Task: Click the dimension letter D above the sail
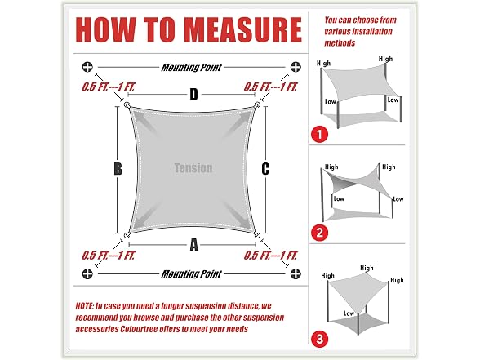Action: (x=193, y=95)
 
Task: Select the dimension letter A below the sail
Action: (x=193, y=245)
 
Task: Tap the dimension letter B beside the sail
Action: (x=118, y=169)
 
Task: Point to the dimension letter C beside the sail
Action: (x=265, y=169)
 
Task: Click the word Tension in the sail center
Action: (x=193, y=168)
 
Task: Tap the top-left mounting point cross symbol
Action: (x=87, y=67)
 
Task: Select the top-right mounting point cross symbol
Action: (x=296, y=67)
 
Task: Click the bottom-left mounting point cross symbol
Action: (x=87, y=273)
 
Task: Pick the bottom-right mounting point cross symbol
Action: (x=296, y=273)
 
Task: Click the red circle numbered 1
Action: (x=319, y=134)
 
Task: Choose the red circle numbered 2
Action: (x=319, y=233)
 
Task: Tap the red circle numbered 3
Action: (x=319, y=340)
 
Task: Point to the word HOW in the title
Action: (x=106, y=29)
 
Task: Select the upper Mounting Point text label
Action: (x=191, y=67)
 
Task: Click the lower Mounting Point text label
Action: (x=191, y=273)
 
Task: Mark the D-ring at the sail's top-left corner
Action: (x=127, y=105)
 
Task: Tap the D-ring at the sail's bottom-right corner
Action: (x=257, y=235)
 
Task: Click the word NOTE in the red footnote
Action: (x=84, y=306)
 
